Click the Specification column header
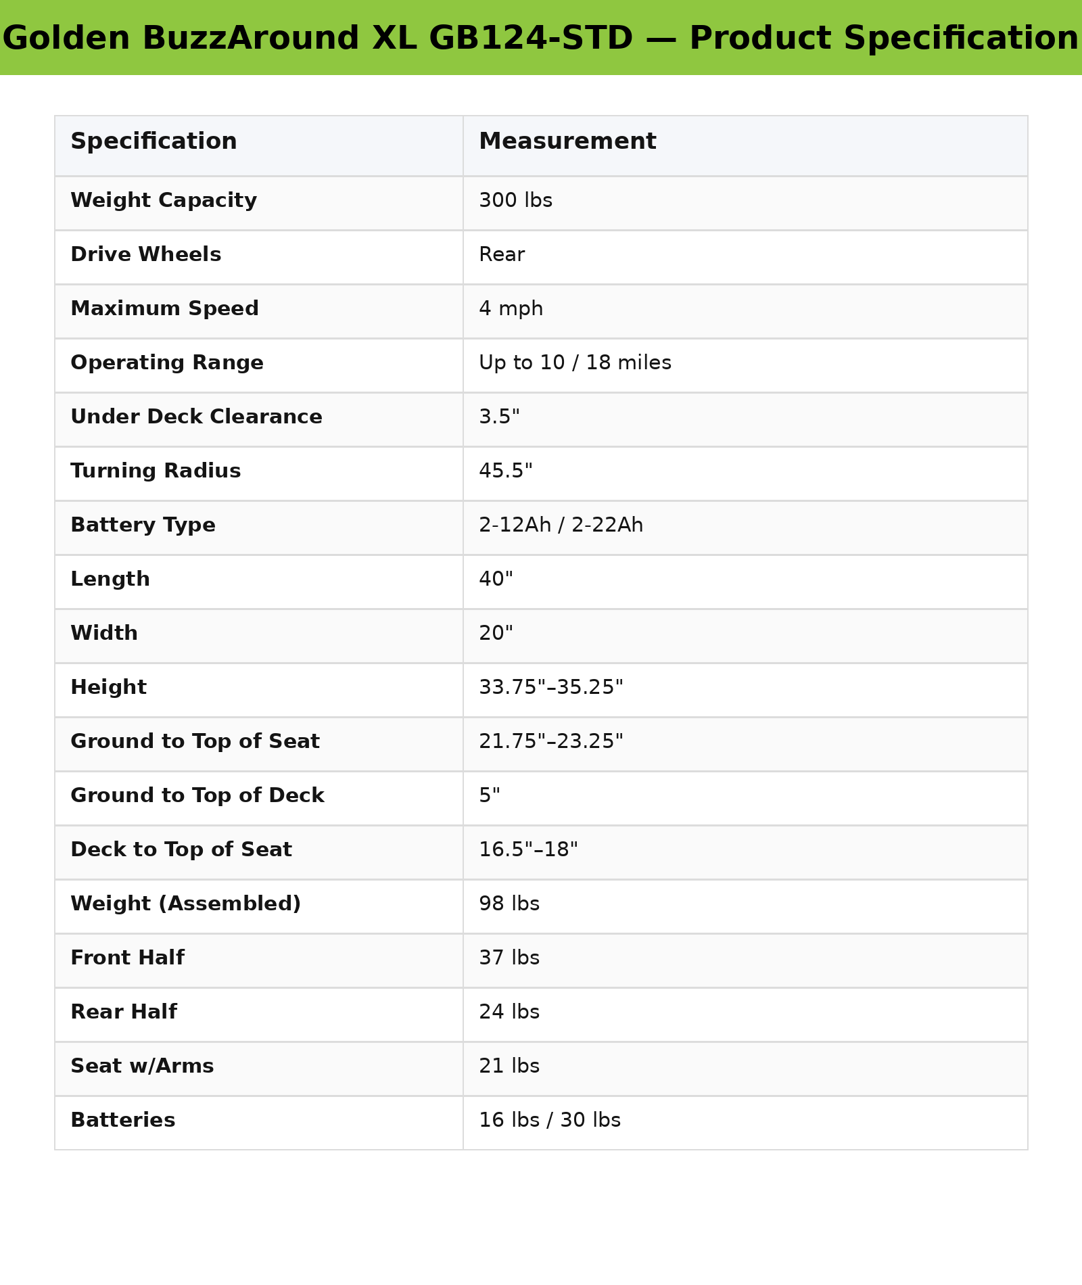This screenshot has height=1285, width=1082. (x=154, y=142)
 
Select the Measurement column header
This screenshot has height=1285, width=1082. (x=567, y=142)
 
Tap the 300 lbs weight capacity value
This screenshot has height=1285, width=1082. (x=515, y=201)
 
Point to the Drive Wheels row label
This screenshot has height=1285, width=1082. (x=145, y=255)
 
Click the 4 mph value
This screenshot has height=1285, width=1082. (x=511, y=309)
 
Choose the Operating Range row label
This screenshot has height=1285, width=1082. (x=166, y=363)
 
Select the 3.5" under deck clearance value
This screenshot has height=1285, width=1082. (x=499, y=417)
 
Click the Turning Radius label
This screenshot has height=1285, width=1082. (x=156, y=471)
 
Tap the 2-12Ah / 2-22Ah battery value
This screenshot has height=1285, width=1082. (x=561, y=525)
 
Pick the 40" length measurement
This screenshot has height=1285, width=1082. (x=496, y=580)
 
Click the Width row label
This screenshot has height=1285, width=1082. (x=104, y=634)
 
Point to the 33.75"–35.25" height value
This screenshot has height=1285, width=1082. (x=550, y=688)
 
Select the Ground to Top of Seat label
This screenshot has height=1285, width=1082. (x=195, y=742)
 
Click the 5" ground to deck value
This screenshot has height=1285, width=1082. (x=490, y=796)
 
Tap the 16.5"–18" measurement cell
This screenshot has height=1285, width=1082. (x=528, y=850)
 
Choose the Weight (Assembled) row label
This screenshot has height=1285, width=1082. (x=185, y=904)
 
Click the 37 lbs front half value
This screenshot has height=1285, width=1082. (x=509, y=958)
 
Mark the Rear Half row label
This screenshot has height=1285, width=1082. (x=124, y=1012)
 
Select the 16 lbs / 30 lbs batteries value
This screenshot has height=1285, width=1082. (x=549, y=1121)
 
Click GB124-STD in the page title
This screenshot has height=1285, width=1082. (x=530, y=39)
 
